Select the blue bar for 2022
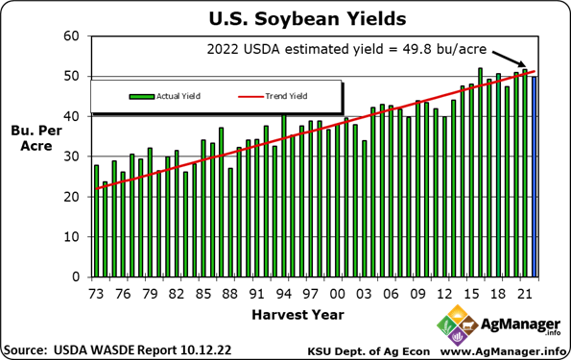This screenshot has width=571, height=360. [x=535, y=177]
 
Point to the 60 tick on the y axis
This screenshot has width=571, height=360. [x=72, y=36]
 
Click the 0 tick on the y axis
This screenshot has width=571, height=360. [x=76, y=277]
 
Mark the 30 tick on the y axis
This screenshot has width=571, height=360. [x=72, y=156]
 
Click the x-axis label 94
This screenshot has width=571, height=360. [x=283, y=292]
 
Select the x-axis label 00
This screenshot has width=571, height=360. [x=338, y=292]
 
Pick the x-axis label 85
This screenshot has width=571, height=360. [x=203, y=292]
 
